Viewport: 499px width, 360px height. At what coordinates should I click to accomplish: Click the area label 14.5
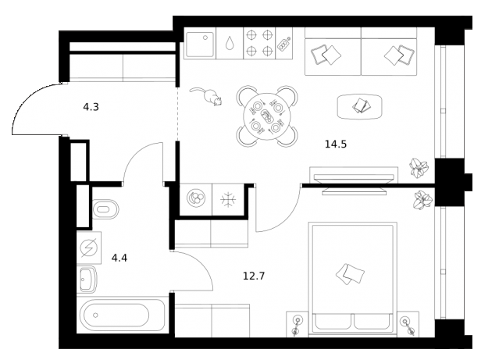point(336,144)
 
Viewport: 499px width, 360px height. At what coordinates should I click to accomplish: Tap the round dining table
point(267,117)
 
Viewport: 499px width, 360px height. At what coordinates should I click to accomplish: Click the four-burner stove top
point(258,42)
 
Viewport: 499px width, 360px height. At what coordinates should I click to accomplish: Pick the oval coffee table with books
point(360,105)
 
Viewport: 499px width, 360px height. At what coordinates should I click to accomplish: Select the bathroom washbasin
point(88,278)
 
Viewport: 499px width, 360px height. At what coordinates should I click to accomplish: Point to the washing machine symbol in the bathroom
point(88,248)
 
